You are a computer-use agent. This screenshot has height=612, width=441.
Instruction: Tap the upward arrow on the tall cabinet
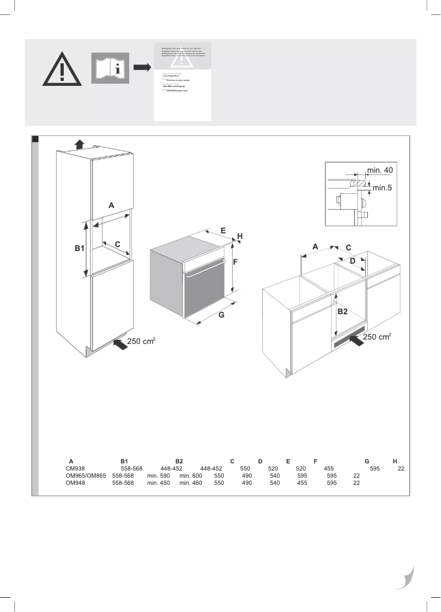click(79, 144)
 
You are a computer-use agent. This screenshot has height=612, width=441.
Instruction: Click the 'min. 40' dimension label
click(380, 170)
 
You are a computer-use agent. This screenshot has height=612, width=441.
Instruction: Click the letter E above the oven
click(223, 231)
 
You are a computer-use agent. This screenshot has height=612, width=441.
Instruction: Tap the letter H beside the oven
click(240, 236)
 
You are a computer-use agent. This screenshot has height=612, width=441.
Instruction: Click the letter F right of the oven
click(235, 263)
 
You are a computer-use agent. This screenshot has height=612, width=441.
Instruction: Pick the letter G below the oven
click(222, 315)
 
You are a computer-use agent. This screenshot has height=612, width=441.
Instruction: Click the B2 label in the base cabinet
click(343, 312)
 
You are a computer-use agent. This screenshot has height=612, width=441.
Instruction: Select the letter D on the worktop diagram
click(352, 260)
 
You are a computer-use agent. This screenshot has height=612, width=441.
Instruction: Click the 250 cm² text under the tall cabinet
click(141, 342)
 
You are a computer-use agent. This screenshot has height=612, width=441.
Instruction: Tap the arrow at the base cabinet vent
click(356, 340)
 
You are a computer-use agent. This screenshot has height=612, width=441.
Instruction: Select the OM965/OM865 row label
click(85, 476)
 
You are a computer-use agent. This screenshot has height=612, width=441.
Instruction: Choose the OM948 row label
click(75, 483)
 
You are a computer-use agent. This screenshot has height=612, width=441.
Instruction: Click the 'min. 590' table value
click(158, 476)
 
